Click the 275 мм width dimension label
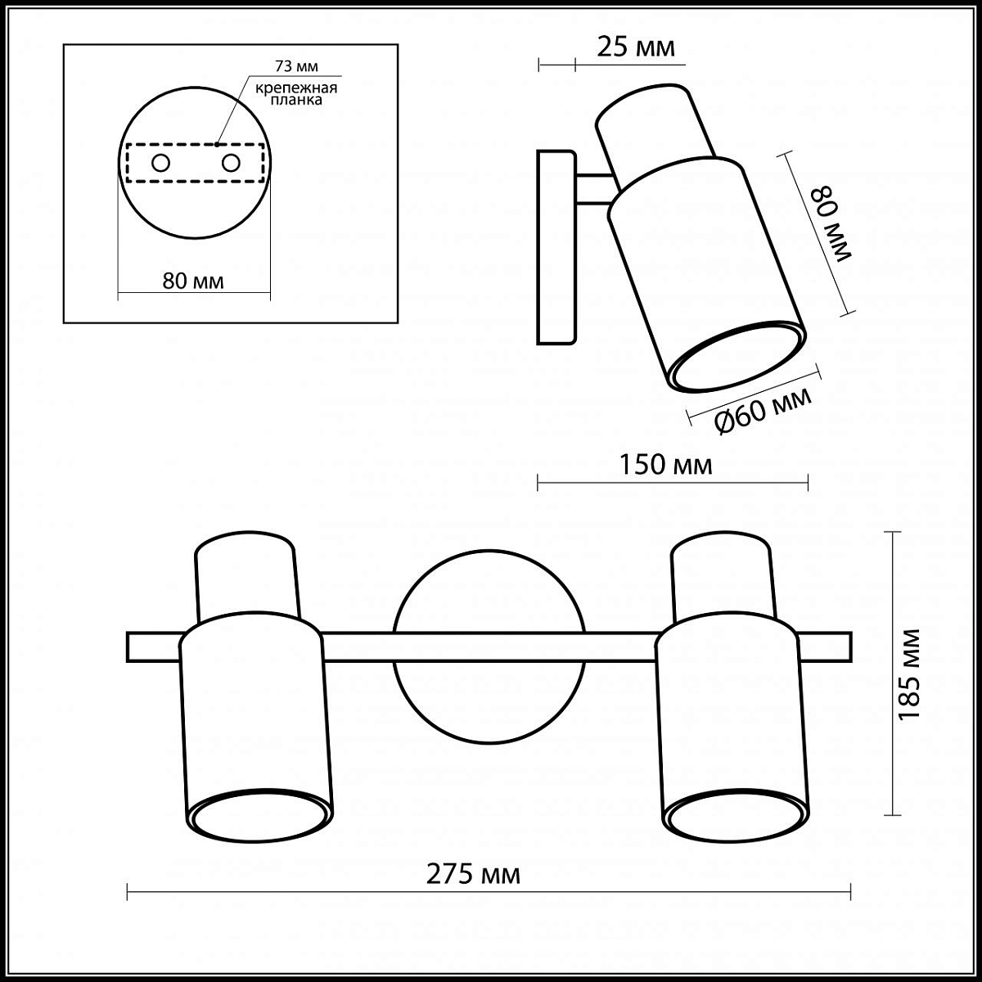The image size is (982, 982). click(473, 875)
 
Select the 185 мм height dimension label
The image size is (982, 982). click(910, 674)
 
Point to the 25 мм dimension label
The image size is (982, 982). click(636, 47)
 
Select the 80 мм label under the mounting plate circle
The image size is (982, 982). click(193, 281)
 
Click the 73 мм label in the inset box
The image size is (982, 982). click(296, 66)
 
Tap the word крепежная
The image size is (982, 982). click(296, 88)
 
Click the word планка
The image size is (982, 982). click(296, 100)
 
